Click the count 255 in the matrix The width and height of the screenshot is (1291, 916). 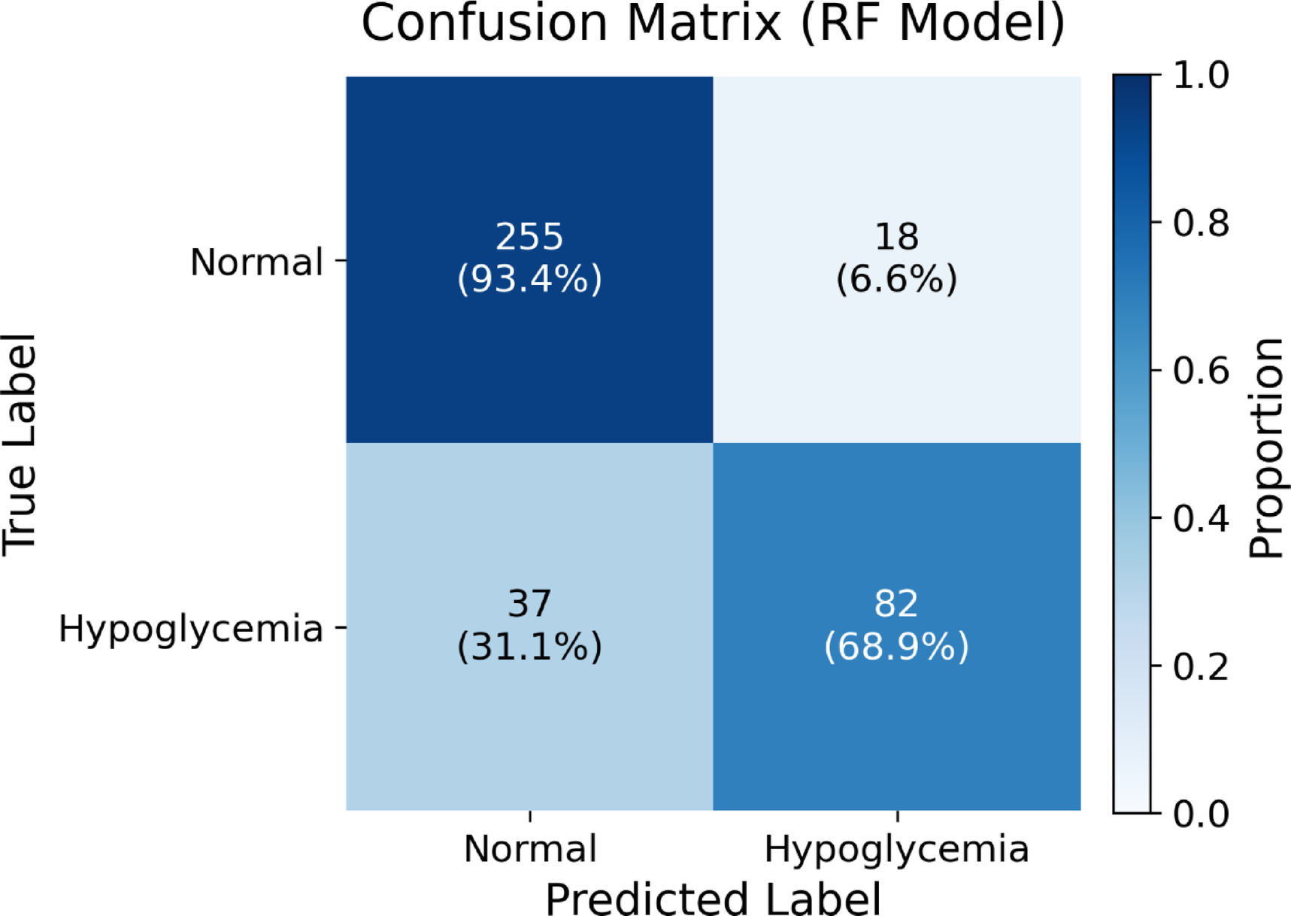click(x=529, y=236)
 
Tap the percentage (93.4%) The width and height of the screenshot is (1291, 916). click(x=529, y=279)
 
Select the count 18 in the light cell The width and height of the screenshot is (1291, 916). click(x=896, y=236)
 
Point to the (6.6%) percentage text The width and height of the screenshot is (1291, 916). click(x=896, y=279)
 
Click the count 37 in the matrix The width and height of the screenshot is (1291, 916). click(x=529, y=603)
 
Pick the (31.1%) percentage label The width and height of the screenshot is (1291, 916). click(x=529, y=646)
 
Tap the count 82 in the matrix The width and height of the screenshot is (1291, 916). click(x=896, y=603)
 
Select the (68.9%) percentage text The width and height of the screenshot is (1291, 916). click(x=896, y=646)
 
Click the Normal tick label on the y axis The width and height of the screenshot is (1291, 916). click(x=256, y=262)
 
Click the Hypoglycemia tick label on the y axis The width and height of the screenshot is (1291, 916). click(x=191, y=629)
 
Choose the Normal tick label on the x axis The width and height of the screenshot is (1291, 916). click(x=530, y=849)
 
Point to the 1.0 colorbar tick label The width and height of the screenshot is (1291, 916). click(x=1201, y=76)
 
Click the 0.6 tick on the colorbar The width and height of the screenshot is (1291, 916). click(x=1201, y=371)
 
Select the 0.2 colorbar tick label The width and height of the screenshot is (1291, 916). click(x=1201, y=666)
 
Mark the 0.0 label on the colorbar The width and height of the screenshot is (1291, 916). click(x=1201, y=814)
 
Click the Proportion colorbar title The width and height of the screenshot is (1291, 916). click(x=1266, y=447)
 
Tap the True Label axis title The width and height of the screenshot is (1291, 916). click(x=20, y=445)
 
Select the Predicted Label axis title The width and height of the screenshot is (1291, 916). click(x=713, y=898)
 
